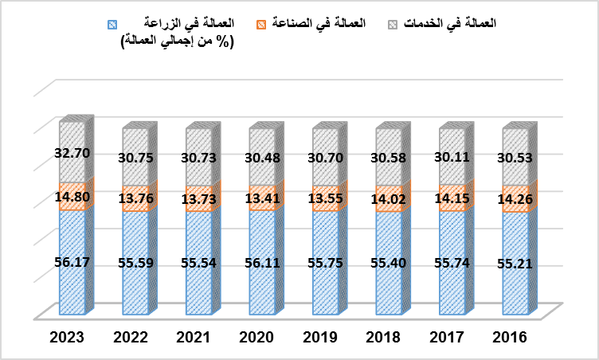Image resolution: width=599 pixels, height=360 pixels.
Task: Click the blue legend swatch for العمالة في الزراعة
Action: [x=111, y=25]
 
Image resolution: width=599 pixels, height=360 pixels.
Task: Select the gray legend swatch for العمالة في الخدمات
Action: [x=391, y=25]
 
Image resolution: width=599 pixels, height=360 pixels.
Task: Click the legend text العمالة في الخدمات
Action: [x=451, y=24]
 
